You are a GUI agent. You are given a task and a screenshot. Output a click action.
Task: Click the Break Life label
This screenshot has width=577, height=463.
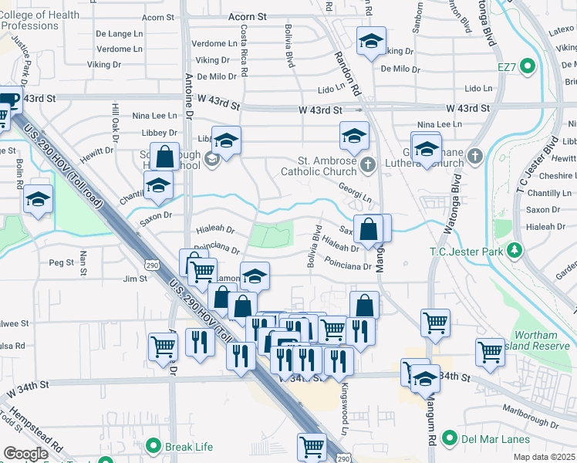tap(191, 445)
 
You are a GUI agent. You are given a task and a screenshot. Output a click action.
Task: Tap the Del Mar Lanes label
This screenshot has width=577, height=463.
tap(496, 440)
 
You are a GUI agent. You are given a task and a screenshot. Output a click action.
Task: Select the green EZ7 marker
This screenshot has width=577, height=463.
tap(528, 67)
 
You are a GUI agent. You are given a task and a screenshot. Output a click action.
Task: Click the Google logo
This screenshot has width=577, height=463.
tap(25, 454)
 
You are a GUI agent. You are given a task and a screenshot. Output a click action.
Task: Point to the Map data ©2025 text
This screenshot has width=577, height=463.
tap(544, 457)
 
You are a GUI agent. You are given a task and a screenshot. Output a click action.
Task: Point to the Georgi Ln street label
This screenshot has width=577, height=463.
tap(355, 192)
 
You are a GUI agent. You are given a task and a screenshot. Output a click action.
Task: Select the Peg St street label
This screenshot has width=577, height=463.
tap(60, 262)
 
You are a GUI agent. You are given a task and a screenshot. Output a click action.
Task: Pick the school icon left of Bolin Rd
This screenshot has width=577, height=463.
tap(37, 199)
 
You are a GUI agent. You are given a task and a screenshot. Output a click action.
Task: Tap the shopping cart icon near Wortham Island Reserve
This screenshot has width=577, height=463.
tap(490, 351)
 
